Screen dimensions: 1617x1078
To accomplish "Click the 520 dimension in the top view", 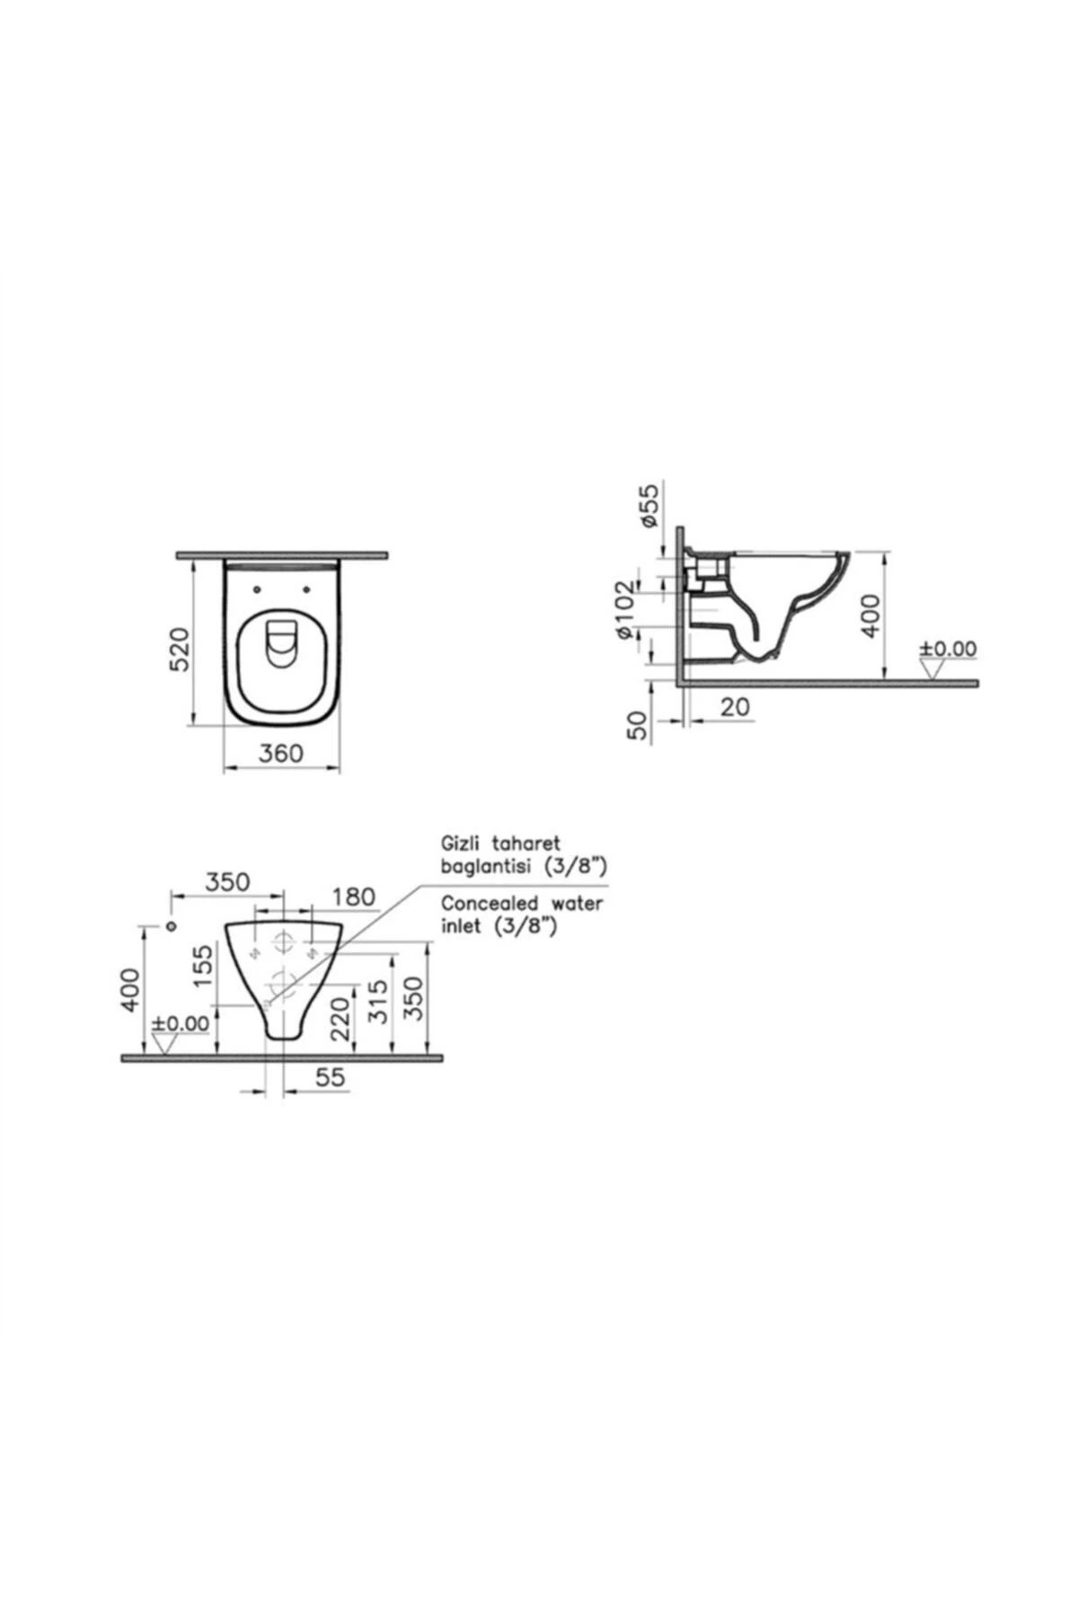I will [180, 649].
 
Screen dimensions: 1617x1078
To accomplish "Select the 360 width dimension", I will [281, 753].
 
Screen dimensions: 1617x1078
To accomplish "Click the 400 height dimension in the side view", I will [870, 615].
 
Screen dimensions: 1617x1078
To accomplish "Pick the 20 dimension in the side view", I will [734, 707].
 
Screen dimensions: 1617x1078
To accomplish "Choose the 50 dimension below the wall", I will [636, 724].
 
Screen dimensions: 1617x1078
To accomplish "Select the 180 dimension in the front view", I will [353, 897].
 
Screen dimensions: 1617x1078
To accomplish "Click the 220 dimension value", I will [340, 1018].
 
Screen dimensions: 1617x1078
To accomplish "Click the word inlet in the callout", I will [460, 926].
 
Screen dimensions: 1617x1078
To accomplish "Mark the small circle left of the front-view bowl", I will [171, 925].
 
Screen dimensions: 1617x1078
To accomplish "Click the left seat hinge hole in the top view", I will [259, 589].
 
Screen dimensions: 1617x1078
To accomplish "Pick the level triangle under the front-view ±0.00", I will [164, 1043].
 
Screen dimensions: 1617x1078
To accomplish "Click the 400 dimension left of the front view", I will [131, 989].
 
